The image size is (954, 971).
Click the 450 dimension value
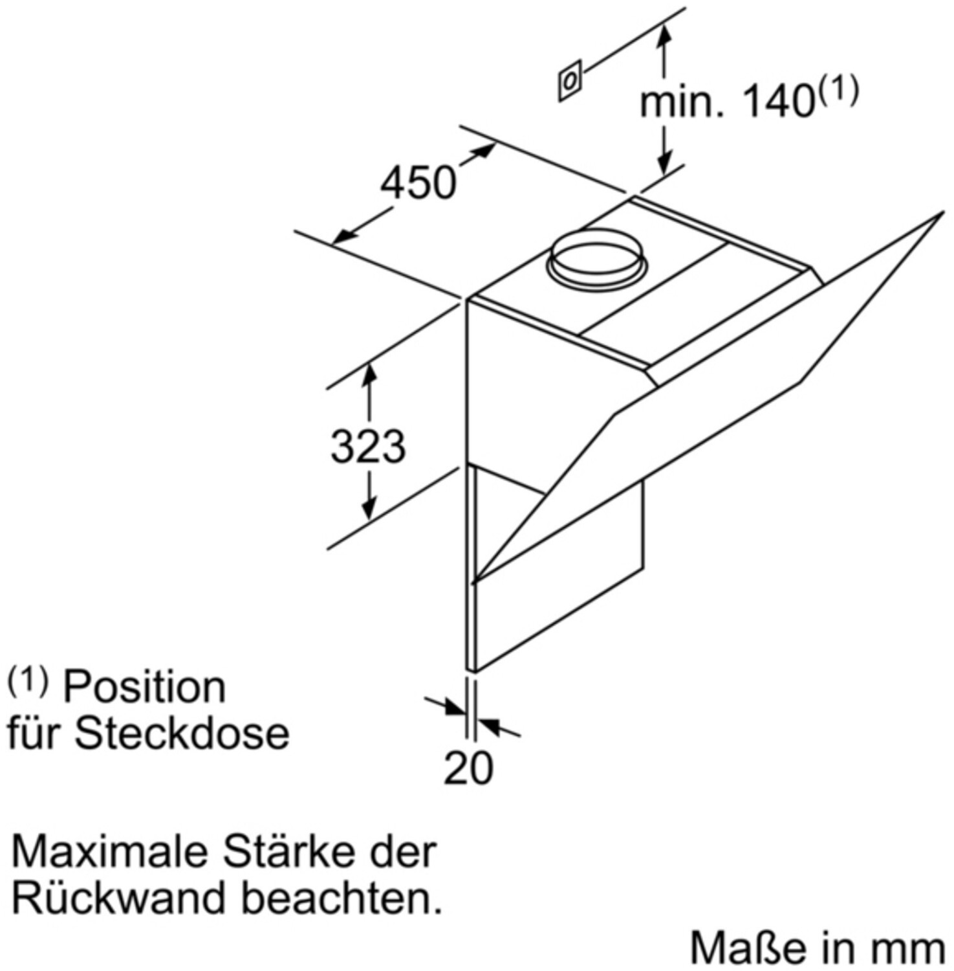point(418,183)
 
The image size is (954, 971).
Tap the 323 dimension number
point(368,447)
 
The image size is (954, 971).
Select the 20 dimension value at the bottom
point(468,768)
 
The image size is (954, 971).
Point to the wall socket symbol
point(570,81)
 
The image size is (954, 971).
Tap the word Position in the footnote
point(144,687)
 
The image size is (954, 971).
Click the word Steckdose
point(182,733)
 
